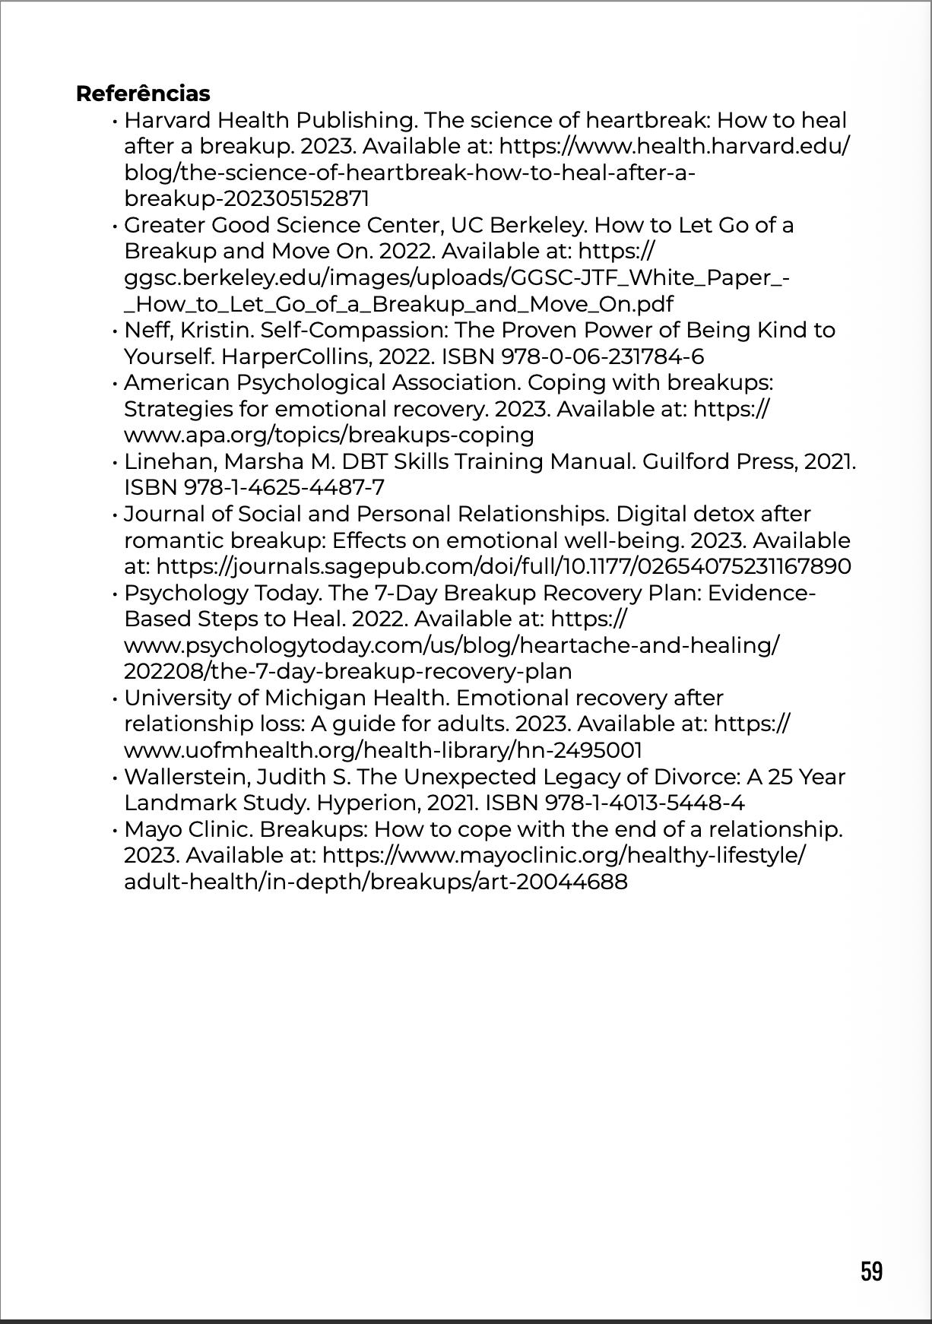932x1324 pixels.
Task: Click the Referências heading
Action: [143, 93]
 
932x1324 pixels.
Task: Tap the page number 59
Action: [871, 1271]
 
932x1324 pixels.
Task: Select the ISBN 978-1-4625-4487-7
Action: [254, 488]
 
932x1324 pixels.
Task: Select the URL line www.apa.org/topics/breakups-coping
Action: [328, 436]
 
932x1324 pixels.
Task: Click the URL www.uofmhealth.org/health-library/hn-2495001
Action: [382, 751]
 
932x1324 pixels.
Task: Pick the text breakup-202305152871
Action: [246, 199]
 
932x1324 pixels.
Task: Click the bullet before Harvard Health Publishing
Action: [113, 121]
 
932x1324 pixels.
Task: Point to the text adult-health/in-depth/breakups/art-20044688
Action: [376, 882]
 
